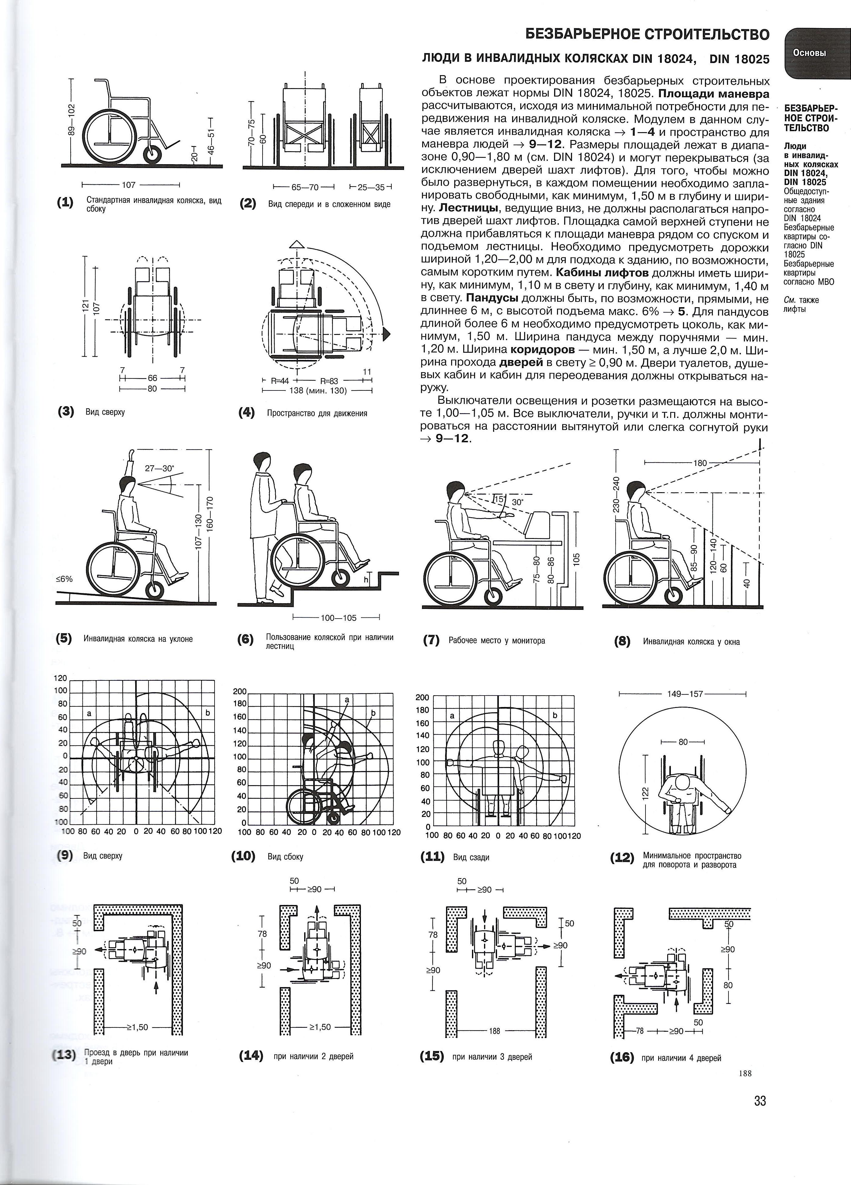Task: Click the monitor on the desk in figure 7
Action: coord(539,524)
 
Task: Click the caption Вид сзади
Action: coord(471,857)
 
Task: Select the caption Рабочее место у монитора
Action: coord(497,641)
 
